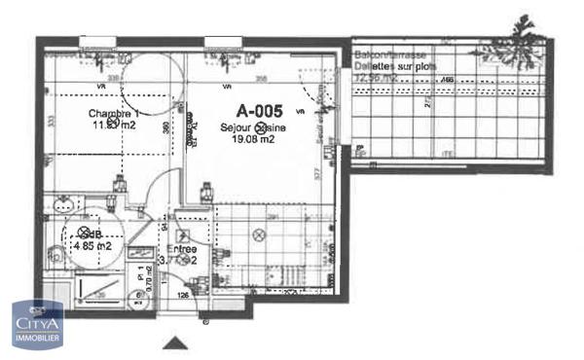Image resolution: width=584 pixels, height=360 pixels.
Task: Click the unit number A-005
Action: pyautogui.click(x=261, y=112)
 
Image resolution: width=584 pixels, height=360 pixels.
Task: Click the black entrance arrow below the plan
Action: pyautogui.click(x=175, y=341)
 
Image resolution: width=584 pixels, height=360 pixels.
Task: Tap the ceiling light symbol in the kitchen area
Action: pyautogui.click(x=258, y=234)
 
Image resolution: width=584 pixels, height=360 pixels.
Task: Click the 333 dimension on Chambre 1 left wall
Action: pyautogui.click(x=49, y=121)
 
